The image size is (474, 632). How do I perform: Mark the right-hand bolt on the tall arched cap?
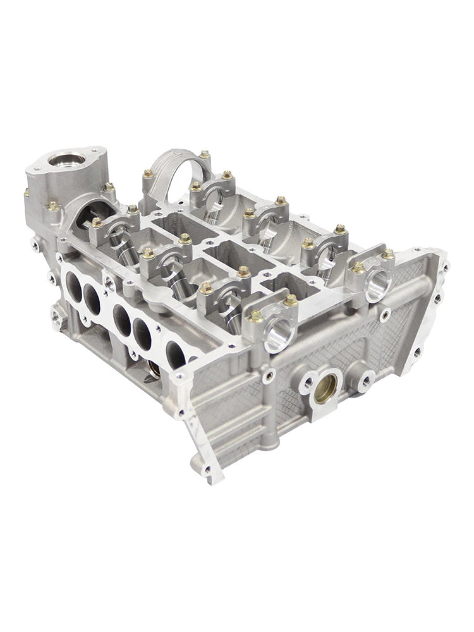[205, 154]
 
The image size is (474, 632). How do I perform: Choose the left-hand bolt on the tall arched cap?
[147, 173]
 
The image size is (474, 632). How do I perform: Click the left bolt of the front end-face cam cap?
[256, 316]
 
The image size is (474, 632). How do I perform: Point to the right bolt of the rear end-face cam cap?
[388, 253]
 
